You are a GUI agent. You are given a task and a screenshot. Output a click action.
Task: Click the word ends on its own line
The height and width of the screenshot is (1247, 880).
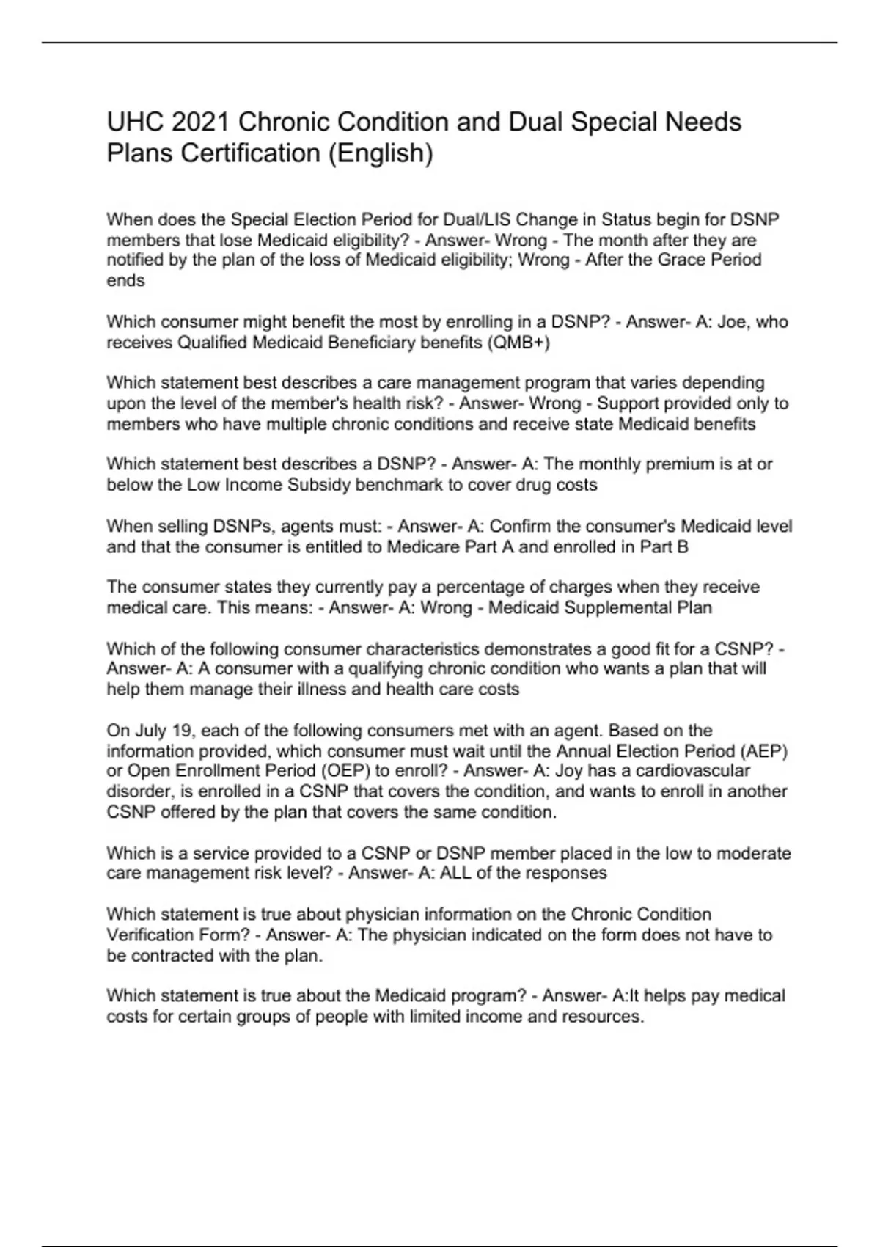[125, 280]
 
